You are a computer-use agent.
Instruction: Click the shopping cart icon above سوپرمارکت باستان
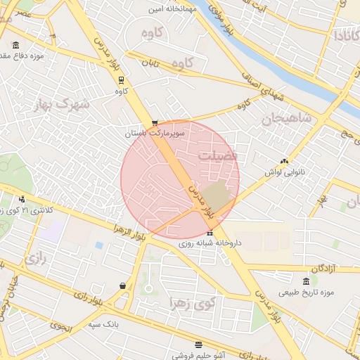155,122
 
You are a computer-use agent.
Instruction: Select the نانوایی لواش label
283,172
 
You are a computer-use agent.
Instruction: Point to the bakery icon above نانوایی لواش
284,161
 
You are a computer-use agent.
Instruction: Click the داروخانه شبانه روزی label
210,243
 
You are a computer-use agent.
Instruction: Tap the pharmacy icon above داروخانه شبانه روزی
210,233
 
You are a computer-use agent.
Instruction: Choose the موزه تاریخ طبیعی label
305,292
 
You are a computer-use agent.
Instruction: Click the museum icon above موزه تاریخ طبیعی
305,281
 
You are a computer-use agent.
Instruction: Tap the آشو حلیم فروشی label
198,356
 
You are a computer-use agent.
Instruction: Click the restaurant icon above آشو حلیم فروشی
198,345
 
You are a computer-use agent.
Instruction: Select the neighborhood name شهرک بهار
62,105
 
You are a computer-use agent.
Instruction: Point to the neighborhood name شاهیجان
287,118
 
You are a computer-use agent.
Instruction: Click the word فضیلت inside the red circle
217,155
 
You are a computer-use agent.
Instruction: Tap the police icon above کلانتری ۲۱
22,199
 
